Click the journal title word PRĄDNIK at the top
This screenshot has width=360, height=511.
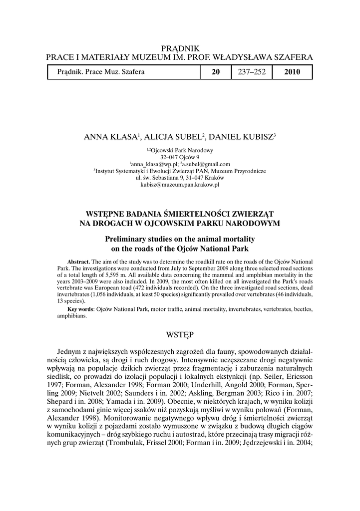coord(180,48)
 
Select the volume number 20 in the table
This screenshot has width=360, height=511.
coord(215,72)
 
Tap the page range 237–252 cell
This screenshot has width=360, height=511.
coord(252,72)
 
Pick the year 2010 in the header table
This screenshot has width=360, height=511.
coord(292,72)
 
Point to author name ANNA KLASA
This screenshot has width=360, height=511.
coord(112,136)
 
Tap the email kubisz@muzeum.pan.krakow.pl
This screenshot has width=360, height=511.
coord(180,184)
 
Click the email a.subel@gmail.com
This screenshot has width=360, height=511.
coord(206,164)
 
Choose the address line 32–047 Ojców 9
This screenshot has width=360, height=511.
coord(180,157)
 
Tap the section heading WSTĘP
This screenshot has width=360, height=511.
coord(180,333)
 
